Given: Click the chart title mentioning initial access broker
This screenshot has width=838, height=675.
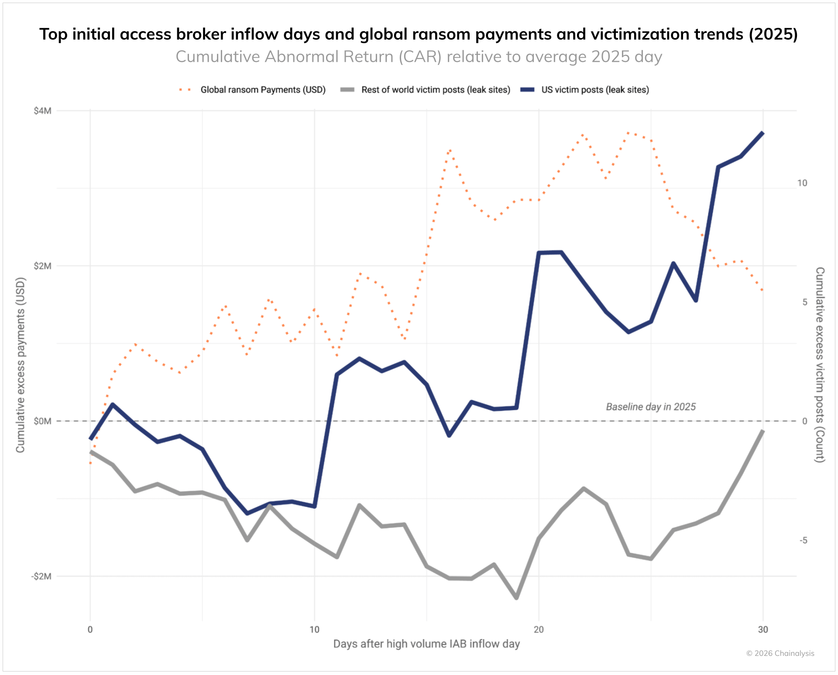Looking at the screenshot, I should coord(419,34).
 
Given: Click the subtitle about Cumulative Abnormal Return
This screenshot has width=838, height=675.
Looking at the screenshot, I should coord(419,57).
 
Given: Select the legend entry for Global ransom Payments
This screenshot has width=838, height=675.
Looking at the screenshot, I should coord(263,90).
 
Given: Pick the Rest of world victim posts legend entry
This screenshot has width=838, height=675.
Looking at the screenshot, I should coord(435,90).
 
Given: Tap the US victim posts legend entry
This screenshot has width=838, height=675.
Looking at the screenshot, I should coord(594,90).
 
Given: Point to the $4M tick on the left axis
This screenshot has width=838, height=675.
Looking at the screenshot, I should coord(42,111).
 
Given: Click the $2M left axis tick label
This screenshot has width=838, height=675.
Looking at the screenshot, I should coord(42,266).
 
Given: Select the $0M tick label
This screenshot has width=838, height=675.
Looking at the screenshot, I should coord(42,421).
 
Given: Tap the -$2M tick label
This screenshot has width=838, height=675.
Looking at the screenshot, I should coord(41,576).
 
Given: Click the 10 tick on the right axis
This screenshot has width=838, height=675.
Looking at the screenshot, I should coord(802,183).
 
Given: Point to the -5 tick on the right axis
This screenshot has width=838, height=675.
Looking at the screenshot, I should coord(803,541).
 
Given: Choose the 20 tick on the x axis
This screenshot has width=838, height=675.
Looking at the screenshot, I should coord(539,630).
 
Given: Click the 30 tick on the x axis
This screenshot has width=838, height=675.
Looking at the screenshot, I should coord(763,630).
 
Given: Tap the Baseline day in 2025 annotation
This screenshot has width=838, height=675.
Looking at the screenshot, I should coord(651,407).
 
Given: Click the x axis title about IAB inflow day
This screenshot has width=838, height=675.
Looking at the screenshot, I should coord(426,644).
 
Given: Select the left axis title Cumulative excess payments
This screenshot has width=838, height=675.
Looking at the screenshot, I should coord(21,365).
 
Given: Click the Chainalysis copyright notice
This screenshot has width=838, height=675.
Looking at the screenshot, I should coord(780,653).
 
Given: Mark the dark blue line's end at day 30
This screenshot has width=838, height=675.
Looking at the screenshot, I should coord(762,133).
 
